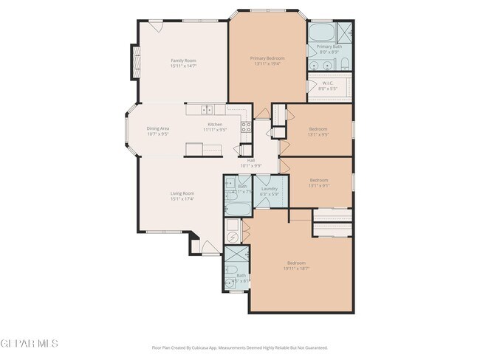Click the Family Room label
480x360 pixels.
click(x=184, y=60)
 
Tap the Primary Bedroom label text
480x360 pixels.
click(x=267, y=58)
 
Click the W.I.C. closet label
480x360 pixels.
click(x=329, y=83)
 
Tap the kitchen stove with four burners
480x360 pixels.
click(x=247, y=126)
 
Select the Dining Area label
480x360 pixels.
click(x=158, y=128)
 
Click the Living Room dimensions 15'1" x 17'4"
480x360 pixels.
click(x=182, y=199)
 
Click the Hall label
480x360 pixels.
click(x=250, y=160)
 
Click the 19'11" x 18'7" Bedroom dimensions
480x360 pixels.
click(x=296, y=269)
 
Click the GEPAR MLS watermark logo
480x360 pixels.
click(x=28, y=344)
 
